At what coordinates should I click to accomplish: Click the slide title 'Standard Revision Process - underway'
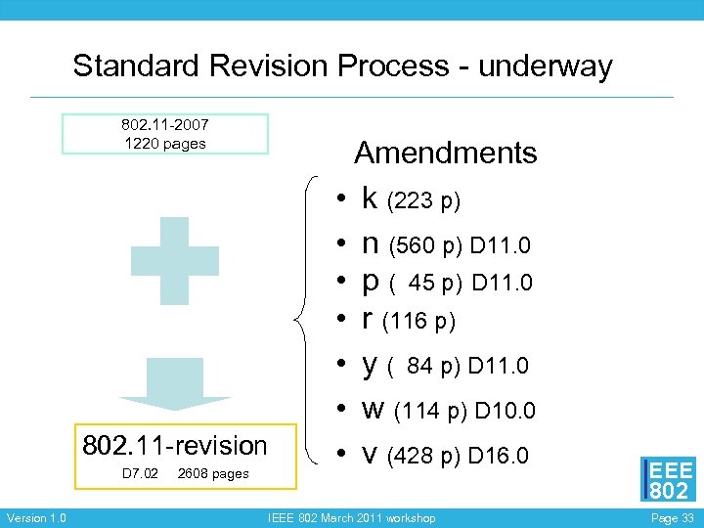[x=342, y=66]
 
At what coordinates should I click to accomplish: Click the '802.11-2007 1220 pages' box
[x=164, y=134]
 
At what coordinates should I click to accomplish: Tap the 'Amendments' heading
[x=445, y=153]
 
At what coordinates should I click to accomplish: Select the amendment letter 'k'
[x=370, y=198]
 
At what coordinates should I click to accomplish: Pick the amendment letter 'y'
[x=370, y=365]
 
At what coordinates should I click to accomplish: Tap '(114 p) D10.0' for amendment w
[x=464, y=411]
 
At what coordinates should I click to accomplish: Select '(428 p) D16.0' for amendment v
[x=459, y=456]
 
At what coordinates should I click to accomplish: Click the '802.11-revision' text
[x=175, y=446]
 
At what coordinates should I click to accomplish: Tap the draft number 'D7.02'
[x=140, y=474]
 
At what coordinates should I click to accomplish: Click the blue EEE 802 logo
[x=668, y=478]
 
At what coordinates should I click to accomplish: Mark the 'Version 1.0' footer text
[x=36, y=517]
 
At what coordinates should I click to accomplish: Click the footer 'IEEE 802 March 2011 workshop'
[x=351, y=517]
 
